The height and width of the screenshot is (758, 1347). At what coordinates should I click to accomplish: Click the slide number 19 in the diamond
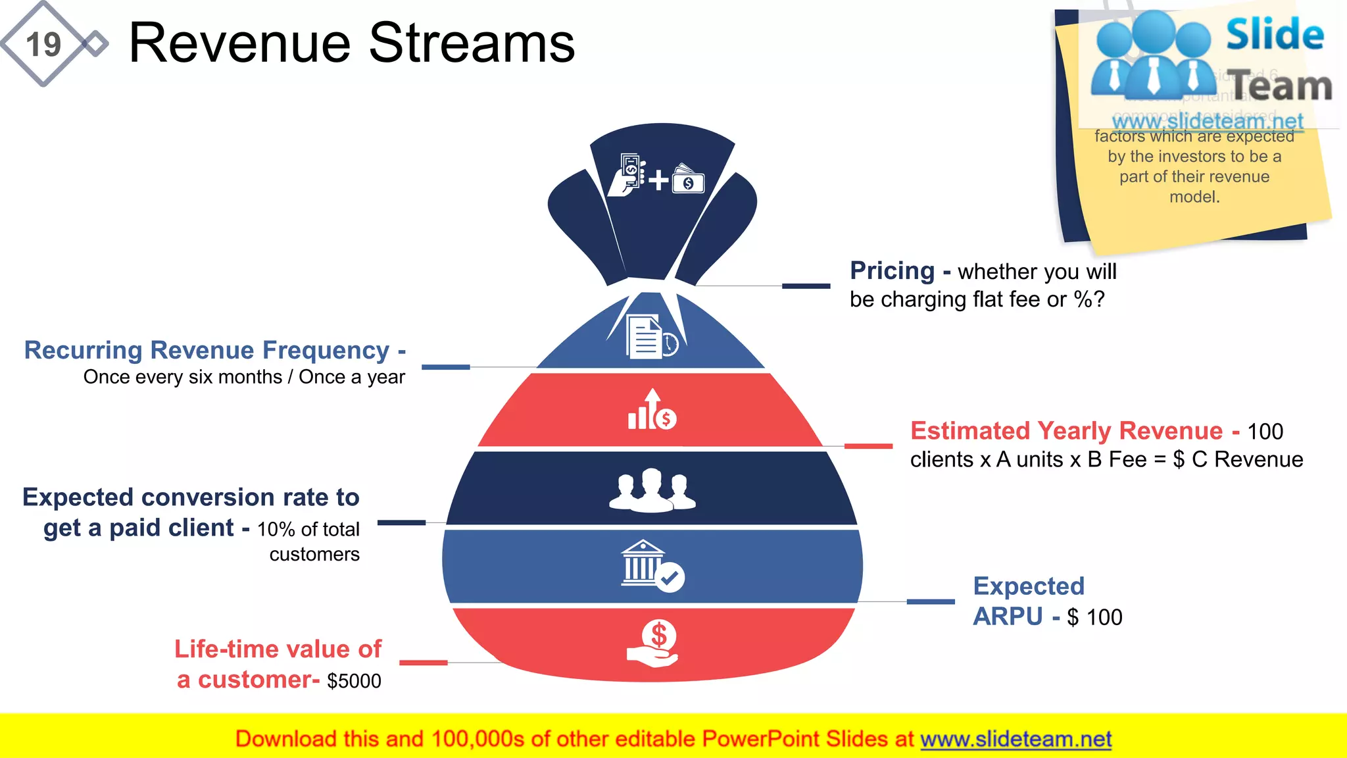tap(43, 45)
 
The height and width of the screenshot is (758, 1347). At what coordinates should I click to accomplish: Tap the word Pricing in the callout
tap(892, 271)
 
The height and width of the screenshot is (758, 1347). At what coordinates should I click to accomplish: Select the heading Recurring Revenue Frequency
tap(207, 350)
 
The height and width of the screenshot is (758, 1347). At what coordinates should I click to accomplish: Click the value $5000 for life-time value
tap(354, 681)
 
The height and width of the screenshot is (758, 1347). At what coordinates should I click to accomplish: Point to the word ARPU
tap(1008, 617)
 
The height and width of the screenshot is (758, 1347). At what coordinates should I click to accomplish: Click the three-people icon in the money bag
tap(652, 491)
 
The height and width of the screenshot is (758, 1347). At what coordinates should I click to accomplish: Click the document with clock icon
tap(650, 336)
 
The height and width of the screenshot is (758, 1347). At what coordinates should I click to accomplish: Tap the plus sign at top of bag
tap(658, 180)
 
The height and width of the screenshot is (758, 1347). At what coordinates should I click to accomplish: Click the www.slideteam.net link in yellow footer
tap(1016, 739)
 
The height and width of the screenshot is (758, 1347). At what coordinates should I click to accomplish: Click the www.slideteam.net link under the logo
tap(1207, 121)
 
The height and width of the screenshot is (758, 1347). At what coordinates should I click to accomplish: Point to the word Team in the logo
tap(1281, 86)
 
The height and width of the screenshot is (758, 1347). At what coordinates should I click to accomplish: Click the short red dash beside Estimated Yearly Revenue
tap(868, 446)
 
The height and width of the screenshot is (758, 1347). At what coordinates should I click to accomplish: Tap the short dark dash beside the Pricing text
tap(806, 286)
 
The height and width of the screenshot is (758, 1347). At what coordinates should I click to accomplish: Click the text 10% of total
tap(308, 529)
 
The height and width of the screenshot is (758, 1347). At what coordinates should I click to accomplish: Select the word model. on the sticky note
tap(1194, 197)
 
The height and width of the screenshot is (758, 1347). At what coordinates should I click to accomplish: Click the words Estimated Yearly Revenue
tap(1066, 431)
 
